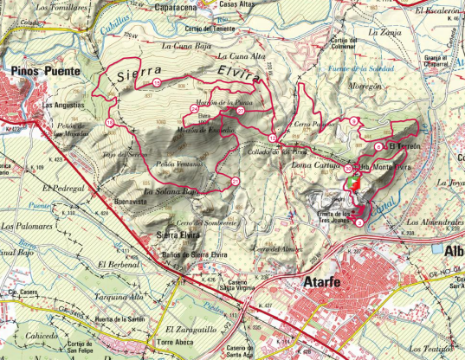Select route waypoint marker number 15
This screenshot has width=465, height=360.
[x=156, y=81]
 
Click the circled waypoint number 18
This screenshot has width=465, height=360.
[x=109, y=123]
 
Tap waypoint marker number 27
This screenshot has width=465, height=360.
[x=240, y=110]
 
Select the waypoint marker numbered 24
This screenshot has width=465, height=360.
[x=194, y=108]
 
